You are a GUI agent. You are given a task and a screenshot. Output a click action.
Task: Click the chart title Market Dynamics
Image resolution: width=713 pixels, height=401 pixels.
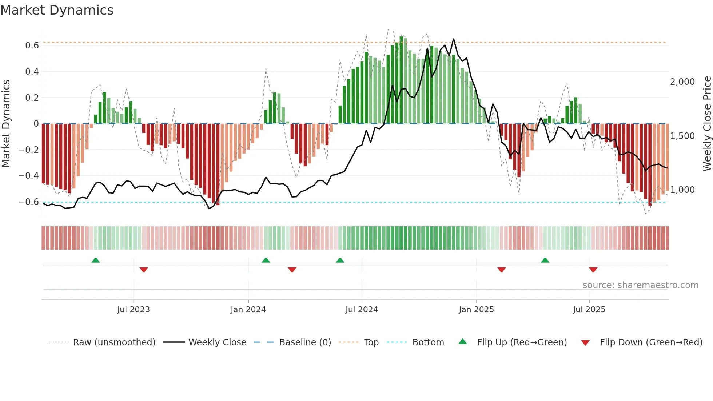pyautogui.click(x=57, y=10)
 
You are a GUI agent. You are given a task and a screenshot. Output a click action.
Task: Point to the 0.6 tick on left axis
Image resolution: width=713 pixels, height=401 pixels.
pyautogui.click(x=32, y=45)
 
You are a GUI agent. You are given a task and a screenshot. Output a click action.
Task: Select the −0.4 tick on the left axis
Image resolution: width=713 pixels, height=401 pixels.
pyautogui.click(x=29, y=176)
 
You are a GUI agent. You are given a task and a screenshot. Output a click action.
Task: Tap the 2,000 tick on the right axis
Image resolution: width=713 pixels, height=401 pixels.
pyautogui.click(x=682, y=82)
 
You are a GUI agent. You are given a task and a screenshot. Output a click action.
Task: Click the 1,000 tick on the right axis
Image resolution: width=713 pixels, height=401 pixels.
pyautogui.click(x=682, y=190)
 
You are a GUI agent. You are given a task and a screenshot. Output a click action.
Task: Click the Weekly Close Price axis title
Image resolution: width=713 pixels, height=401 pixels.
pyautogui.click(x=707, y=123)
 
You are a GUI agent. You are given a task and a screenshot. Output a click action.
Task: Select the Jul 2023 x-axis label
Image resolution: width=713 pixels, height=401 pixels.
pyautogui.click(x=134, y=310)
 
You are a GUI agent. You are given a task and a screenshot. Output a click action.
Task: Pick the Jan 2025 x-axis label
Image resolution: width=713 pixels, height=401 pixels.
pyautogui.click(x=476, y=310)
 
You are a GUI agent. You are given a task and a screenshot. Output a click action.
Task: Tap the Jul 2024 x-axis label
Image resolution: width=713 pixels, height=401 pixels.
pyautogui.click(x=362, y=310)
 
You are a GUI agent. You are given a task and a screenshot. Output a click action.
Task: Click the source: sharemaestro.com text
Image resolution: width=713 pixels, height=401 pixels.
pyautogui.click(x=640, y=285)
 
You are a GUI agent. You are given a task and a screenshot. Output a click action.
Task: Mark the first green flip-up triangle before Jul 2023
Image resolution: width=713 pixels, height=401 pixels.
pyautogui.click(x=96, y=261)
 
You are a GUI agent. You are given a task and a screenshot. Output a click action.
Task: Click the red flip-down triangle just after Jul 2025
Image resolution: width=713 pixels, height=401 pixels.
pyautogui.click(x=593, y=270)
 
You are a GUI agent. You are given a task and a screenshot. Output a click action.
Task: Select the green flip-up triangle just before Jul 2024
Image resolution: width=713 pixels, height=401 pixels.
pyautogui.click(x=340, y=261)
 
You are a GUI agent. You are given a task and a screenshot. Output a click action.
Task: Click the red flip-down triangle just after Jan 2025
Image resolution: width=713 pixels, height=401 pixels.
pyautogui.click(x=502, y=270)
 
